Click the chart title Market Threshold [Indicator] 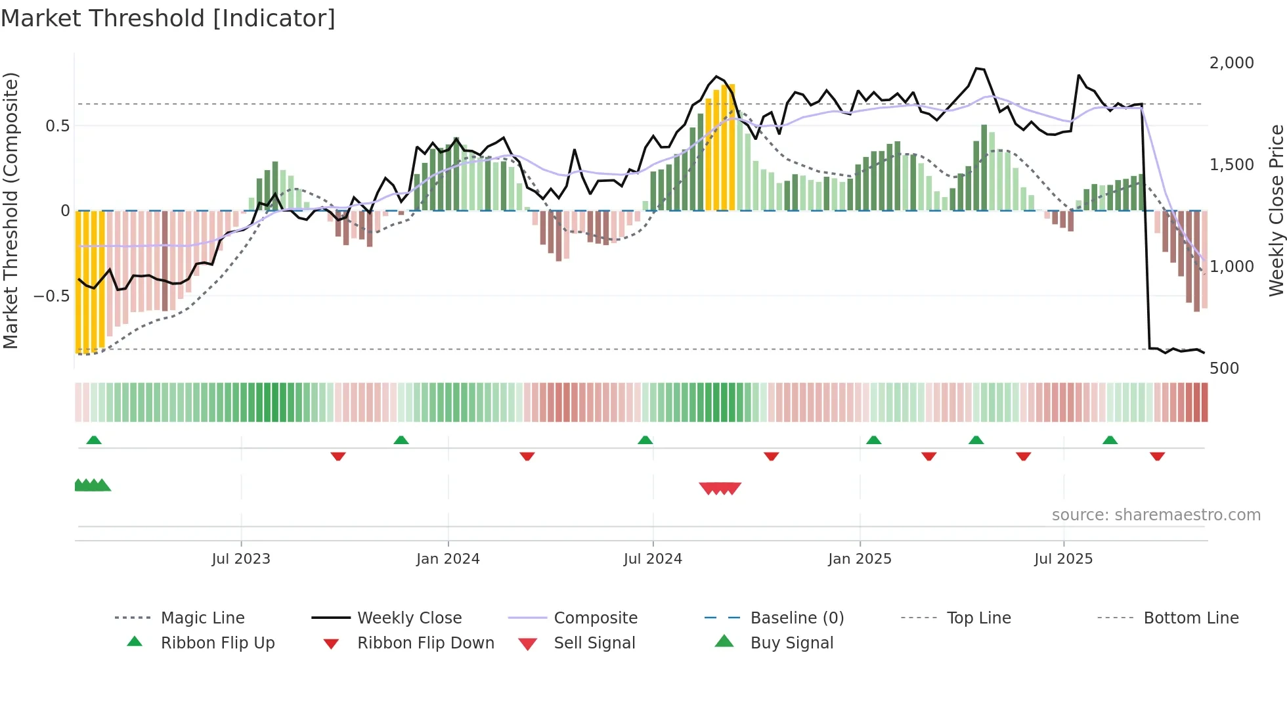point(168,18)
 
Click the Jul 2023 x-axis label point(241,558)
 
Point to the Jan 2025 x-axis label point(860,558)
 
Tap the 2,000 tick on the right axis point(1231,62)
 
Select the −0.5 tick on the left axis point(51,296)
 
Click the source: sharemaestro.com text point(1156,514)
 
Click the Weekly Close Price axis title point(1276,210)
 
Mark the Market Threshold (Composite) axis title point(11,210)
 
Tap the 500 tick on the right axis point(1224,368)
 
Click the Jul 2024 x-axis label point(653,558)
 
